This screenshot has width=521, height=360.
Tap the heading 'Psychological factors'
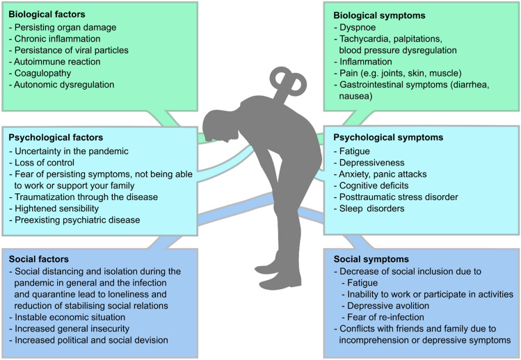point(57,137)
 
